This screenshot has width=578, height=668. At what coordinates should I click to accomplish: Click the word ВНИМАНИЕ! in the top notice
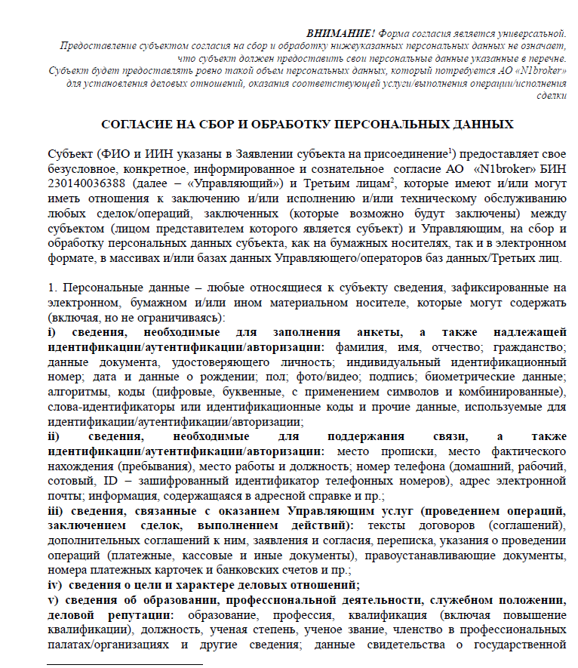[340, 34]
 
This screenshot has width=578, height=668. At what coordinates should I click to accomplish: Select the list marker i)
[51, 333]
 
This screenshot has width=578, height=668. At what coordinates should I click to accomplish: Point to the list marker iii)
[54, 511]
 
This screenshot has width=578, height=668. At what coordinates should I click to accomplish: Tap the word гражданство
[533, 348]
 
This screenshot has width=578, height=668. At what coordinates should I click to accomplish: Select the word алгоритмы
[74, 392]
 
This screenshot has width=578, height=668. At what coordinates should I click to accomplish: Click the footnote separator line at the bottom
[125, 665]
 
